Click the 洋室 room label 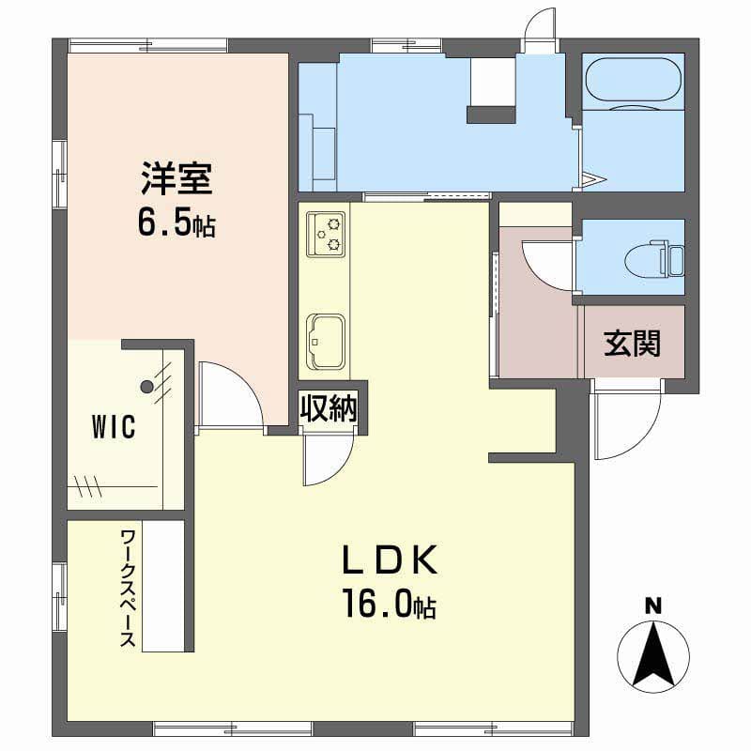point(176,178)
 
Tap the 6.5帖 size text point(176,222)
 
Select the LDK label point(390,559)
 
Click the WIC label point(114,426)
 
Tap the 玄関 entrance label point(632,343)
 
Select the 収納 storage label point(329,408)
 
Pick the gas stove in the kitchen point(326,234)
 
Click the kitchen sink point(326,341)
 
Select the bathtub point(633,80)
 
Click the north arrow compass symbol point(653,655)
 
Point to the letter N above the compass point(652,605)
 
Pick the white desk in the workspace point(163,586)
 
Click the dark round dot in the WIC point(146,386)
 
